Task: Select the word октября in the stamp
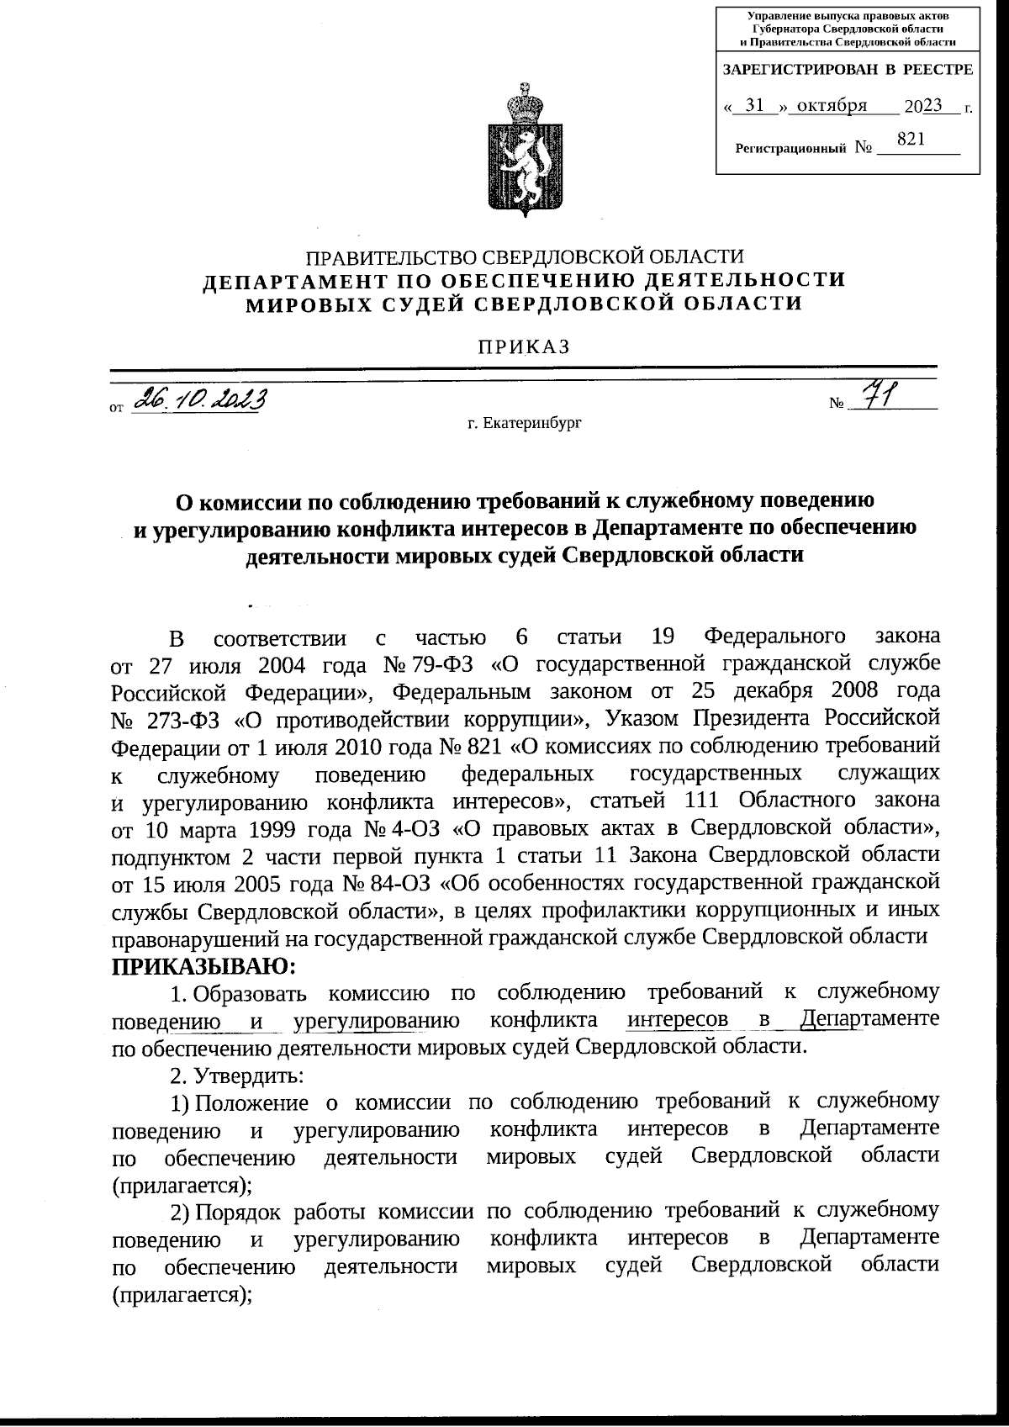click(x=832, y=105)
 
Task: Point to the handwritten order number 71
click(x=880, y=394)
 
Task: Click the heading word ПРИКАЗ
click(x=524, y=346)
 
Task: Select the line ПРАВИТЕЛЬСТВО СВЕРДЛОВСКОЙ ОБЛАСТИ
click(x=524, y=256)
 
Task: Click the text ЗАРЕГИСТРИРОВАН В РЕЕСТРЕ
click(x=848, y=70)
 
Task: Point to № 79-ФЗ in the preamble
click(x=429, y=665)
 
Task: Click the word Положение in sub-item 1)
click(x=253, y=1102)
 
